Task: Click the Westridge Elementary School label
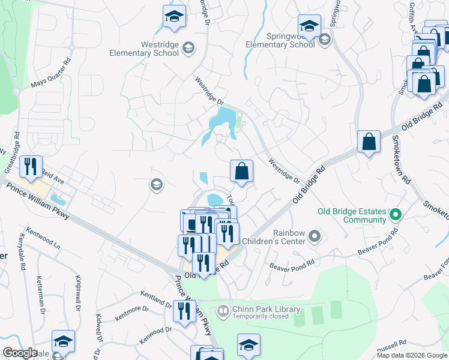pos(144,49)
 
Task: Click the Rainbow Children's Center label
pos(281,236)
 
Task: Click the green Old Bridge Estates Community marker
pos(396,214)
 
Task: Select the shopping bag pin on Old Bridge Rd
pos(369,142)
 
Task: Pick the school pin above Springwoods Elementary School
pos(309,26)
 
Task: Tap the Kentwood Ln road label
pos(43,239)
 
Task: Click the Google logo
pos(20,353)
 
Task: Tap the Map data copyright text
pos(412,355)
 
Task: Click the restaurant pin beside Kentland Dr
pos(184,311)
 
